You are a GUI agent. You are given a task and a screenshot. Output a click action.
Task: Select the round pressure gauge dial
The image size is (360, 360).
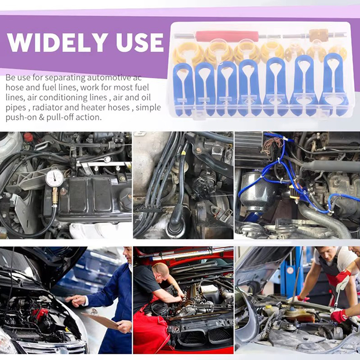[x=54, y=178]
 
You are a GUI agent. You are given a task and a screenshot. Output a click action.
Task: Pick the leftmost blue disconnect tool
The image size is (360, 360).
[x=183, y=89]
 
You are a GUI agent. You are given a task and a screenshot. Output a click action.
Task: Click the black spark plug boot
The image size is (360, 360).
[x=177, y=216]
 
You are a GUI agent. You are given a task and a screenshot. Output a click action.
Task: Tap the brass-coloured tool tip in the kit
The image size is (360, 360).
[x=315, y=36]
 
